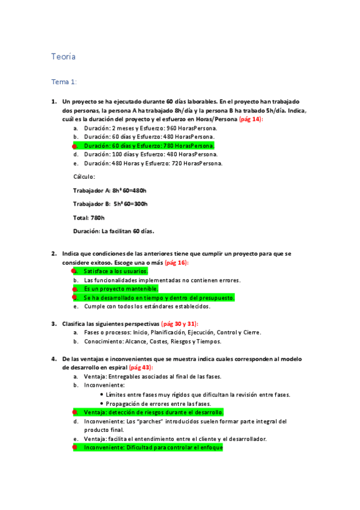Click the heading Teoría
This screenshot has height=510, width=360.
click(x=63, y=57)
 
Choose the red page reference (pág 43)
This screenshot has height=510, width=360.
click(x=141, y=367)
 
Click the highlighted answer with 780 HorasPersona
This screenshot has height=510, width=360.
click(x=149, y=146)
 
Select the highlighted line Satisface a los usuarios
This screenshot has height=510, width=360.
click(x=115, y=271)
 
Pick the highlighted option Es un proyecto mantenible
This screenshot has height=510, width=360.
click(x=121, y=289)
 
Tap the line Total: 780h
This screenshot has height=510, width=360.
click(x=88, y=218)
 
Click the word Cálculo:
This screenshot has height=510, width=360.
click(x=84, y=177)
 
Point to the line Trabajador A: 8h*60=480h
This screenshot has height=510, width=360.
click(x=109, y=191)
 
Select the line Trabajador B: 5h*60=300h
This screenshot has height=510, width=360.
click(x=110, y=204)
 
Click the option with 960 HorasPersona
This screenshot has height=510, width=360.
click(x=150, y=128)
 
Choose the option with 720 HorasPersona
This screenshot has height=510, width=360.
click(x=153, y=163)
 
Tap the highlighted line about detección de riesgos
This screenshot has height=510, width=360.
click(x=153, y=413)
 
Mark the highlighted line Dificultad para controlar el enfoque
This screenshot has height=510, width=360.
click(x=153, y=447)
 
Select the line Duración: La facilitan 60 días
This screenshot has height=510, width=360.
click(x=114, y=231)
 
